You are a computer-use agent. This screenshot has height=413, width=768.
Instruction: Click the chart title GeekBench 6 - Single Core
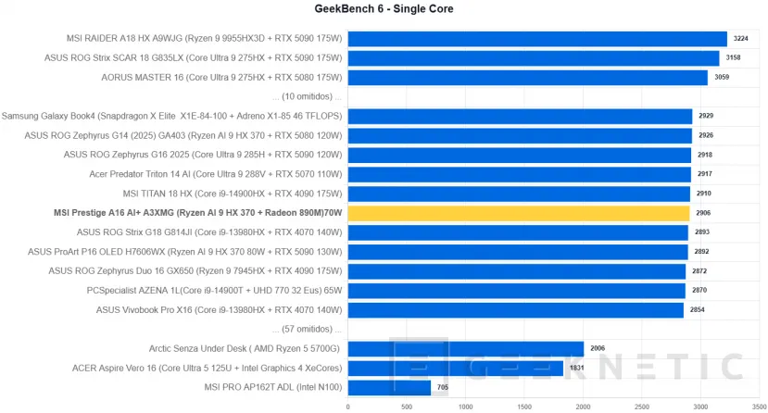pyautogui.click(x=384, y=9)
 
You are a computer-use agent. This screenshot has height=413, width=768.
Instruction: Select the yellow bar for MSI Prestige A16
pyautogui.click(x=519, y=213)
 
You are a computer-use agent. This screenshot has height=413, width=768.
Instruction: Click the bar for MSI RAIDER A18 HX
pyautogui.click(x=537, y=39)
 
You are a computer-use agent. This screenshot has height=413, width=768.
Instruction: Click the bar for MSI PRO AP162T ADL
pyautogui.click(x=389, y=387)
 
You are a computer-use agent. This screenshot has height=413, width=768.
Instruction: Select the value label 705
pyautogui.click(x=445, y=387)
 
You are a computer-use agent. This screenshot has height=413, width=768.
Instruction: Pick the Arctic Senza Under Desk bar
pyautogui.click(x=466, y=348)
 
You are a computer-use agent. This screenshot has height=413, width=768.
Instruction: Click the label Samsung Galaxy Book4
pyautogui.click(x=172, y=116)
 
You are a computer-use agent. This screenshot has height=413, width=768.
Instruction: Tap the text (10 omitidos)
pyautogui.click(x=307, y=96)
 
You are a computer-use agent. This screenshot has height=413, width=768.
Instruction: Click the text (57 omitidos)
pyautogui.click(x=307, y=329)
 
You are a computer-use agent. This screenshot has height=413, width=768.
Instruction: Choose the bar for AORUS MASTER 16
pyautogui.click(x=528, y=77)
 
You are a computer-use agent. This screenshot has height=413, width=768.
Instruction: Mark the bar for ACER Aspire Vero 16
pyautogui.click(x=456, y=368)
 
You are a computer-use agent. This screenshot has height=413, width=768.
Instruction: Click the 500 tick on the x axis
pyautogui.click(x=407, y=406)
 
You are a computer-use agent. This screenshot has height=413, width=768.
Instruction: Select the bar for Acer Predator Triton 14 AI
pyautogui.click(x=520, y=174)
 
